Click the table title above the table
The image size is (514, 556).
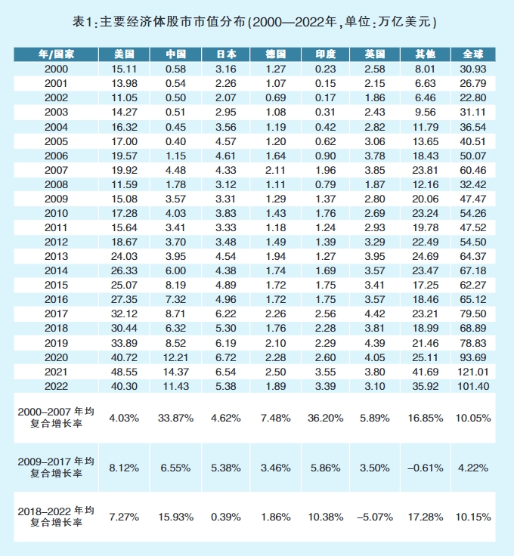pos(257,22)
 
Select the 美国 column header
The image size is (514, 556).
pos(124,54)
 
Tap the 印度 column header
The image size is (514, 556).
pos(326,54)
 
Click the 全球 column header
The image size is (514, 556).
pos(473,54)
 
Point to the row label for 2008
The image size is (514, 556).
pos(57,184)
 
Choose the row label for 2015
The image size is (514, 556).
pos(57,284)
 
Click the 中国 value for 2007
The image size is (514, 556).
pos(175,170)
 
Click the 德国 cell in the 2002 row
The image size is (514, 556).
pos(276,98)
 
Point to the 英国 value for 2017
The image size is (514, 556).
pos(376,313)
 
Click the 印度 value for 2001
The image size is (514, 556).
pos(326,83)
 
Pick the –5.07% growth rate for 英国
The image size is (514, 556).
pos(376,517)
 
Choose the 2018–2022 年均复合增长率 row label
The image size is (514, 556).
pos(57,517)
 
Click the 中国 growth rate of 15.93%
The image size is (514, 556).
pos(175,517)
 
